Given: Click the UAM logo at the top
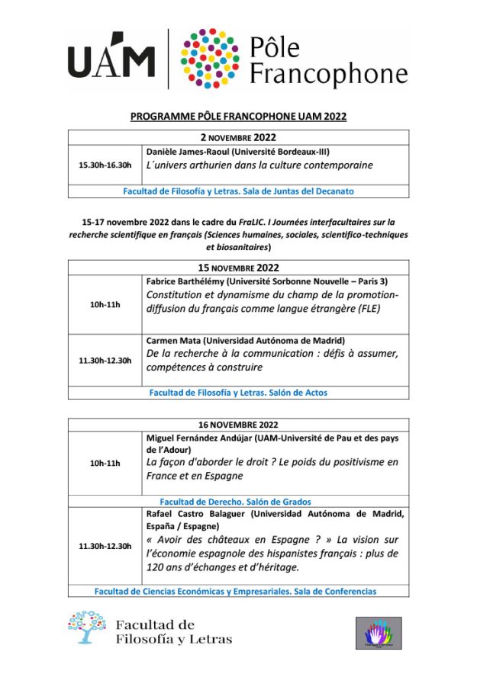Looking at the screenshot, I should coord(111,59).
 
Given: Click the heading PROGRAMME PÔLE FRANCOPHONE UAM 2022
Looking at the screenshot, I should coord(238,117).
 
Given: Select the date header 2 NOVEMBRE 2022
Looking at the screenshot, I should coord(238,138).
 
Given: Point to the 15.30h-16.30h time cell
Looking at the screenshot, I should coord(105,165).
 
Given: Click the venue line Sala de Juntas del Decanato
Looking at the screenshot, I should coord(238,191).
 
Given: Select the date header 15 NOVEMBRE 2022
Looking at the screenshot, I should coord(238,268).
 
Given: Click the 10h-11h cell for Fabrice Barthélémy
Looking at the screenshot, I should coord(105,304).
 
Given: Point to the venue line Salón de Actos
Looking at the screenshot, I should coord(238,393).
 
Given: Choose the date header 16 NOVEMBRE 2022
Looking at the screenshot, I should coord(238,425).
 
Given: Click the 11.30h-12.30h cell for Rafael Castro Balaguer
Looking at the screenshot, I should coord(105,546).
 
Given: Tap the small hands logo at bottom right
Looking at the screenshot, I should coord(379,634).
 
